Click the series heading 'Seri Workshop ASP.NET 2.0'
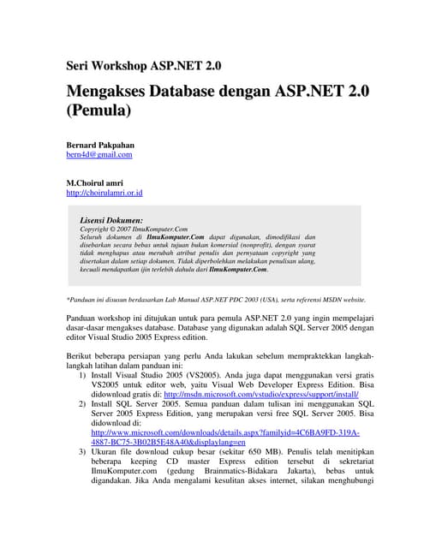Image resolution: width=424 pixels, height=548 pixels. click(143, 66)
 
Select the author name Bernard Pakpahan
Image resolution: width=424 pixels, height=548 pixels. click(100, 145)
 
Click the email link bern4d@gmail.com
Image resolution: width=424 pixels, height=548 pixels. click(99, 155)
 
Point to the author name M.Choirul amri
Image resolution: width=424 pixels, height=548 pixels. click(95, 183)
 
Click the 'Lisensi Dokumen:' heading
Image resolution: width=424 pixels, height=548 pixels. click(111, 220)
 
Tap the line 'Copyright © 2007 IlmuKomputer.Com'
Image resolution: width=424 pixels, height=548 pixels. click(133, 229)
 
